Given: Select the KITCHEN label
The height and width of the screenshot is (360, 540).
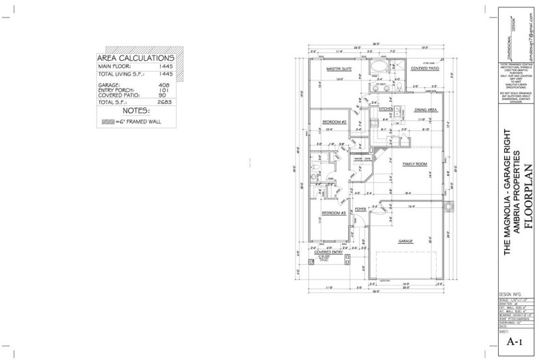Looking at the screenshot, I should tap(386, 109).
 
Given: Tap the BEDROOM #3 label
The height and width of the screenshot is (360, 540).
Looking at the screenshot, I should tap(333, 213).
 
